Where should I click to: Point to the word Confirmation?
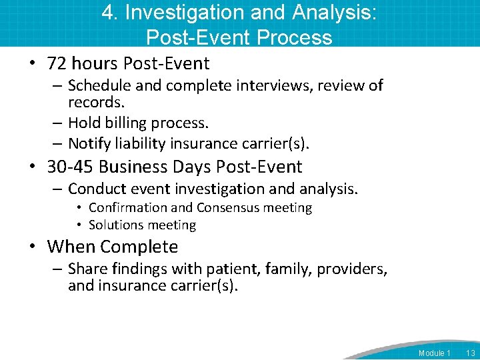coord(127,208)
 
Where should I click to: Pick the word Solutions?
coord(115,225)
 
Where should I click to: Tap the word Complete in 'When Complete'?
coord(139,247)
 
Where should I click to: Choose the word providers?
coord(351,269)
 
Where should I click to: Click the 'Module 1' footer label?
coord(435,353)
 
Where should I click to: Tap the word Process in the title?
coord(293,37)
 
